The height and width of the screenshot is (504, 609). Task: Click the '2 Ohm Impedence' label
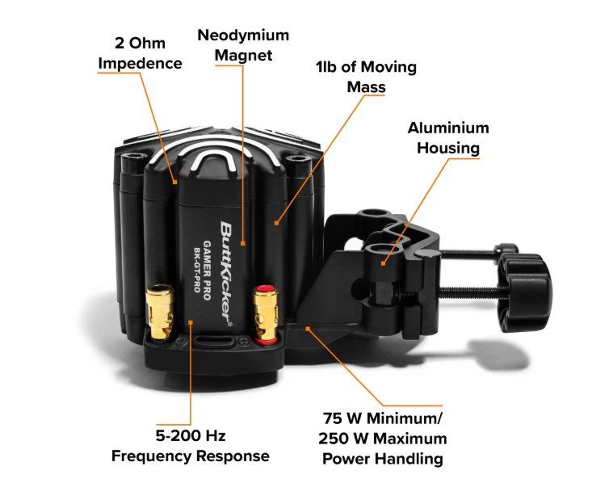(141, 53)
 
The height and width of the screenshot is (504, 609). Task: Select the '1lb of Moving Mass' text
(366, 76)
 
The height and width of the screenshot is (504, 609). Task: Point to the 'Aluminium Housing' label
(447, 138)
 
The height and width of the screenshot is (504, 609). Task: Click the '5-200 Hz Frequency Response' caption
(190, 446)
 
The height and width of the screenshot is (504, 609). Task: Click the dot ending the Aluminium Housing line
(384, 262)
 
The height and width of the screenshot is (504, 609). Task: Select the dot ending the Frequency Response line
(190, 322)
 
